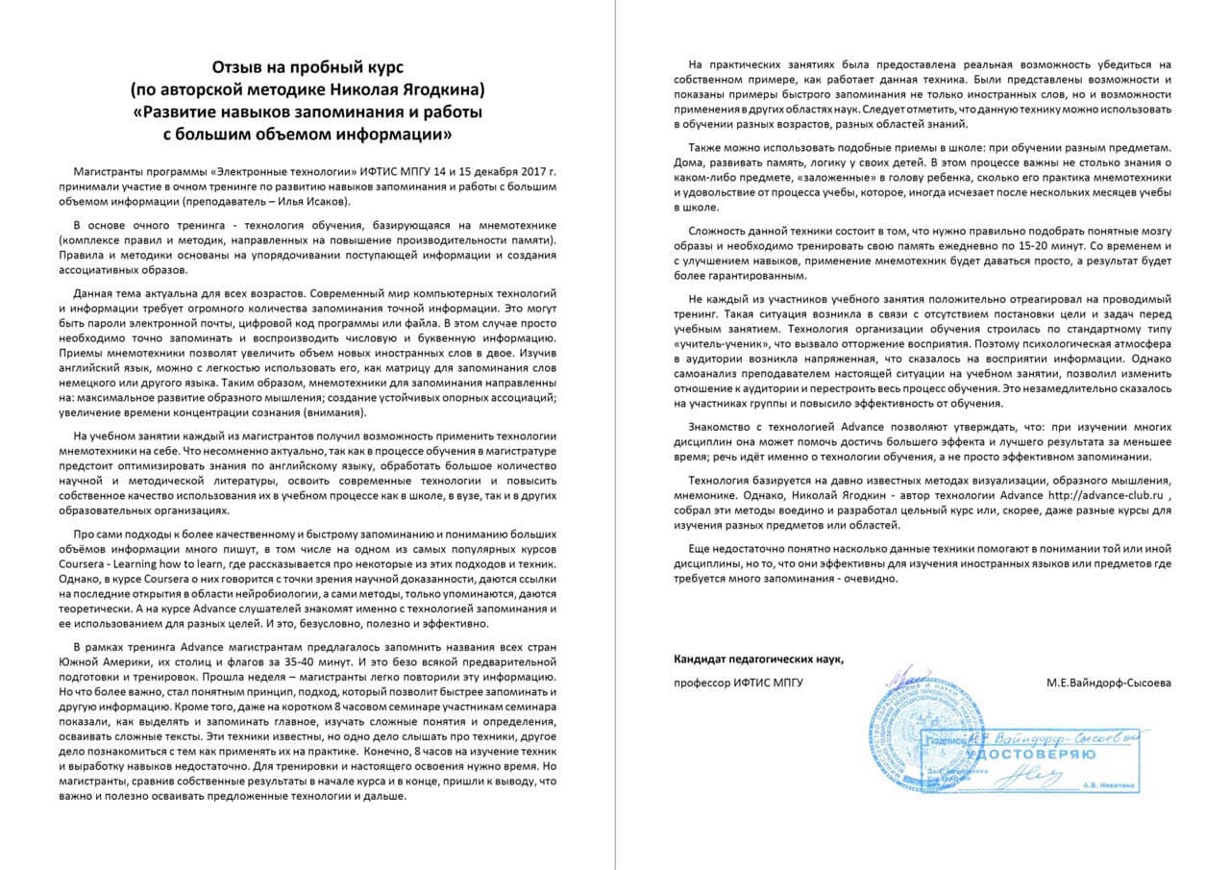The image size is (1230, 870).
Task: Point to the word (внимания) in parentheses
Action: pyautogui.click(x=328, y=411)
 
